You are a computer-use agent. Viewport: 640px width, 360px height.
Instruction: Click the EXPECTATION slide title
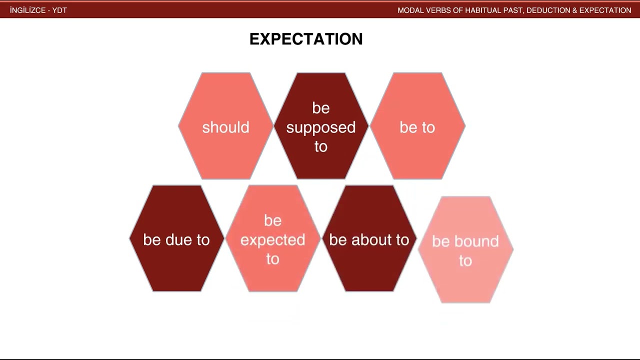point(306,39)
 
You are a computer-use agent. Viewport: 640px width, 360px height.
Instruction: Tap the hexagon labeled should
point(225,127)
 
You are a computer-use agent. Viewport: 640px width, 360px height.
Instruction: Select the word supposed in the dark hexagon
point(321,127)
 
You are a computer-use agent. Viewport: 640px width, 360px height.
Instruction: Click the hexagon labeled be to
point(417,127)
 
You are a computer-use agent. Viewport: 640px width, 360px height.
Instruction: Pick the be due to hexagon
point(176,239)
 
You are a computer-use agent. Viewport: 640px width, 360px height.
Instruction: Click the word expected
point(272,240)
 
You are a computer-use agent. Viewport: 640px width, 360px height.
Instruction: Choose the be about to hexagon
point(369,239)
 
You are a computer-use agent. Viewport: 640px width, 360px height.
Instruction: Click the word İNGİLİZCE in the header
point(27,10)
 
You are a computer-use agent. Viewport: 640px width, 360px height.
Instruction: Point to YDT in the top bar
point(59,10)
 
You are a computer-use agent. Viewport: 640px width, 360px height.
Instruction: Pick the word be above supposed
point(321,108)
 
